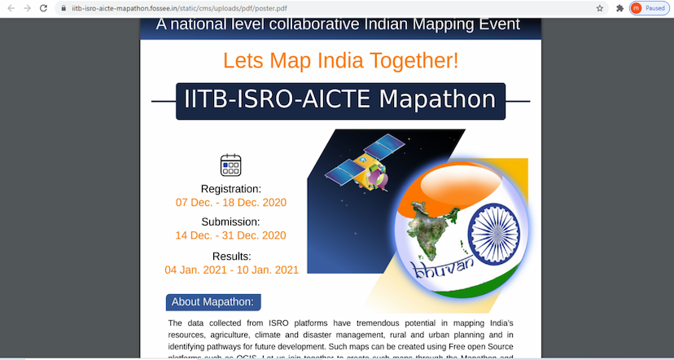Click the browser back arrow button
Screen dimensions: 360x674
point(11,8)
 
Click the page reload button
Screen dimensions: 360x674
point(45,8)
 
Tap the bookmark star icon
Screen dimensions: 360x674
point(600,8)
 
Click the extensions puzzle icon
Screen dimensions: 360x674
point(619,8)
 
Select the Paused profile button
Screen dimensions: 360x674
point(649,8)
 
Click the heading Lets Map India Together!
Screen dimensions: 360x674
point(340,60)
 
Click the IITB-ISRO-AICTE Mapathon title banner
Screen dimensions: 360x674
point(340,100)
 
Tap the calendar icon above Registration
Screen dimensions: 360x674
point(231,165)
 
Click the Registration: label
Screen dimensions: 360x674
point(231,189)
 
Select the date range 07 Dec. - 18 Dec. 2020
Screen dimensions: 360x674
point(231,202)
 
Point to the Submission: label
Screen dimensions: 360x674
point(231,222)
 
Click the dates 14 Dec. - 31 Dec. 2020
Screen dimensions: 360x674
point(231,235)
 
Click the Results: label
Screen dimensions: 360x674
point(231,256)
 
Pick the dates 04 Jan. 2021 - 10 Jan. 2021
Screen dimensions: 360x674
point(231,270)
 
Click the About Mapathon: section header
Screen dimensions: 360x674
point(212,302)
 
